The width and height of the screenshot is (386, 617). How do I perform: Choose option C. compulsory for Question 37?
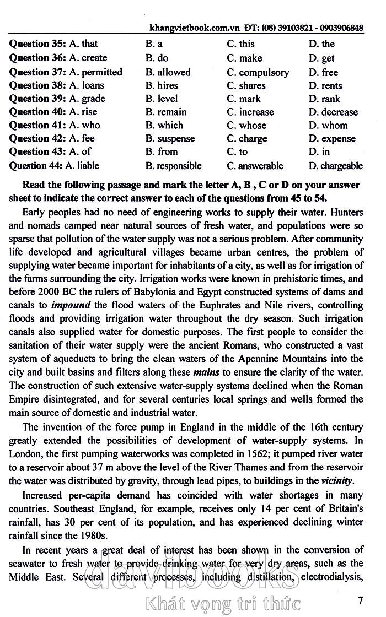pos(258,72)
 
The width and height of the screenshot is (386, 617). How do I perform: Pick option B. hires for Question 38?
pos(159,85)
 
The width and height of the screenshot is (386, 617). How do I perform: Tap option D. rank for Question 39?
pos(324,99)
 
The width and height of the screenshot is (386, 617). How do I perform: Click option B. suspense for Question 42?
pos(170,139)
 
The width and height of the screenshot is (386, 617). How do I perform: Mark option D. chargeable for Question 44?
pos(335,166)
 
